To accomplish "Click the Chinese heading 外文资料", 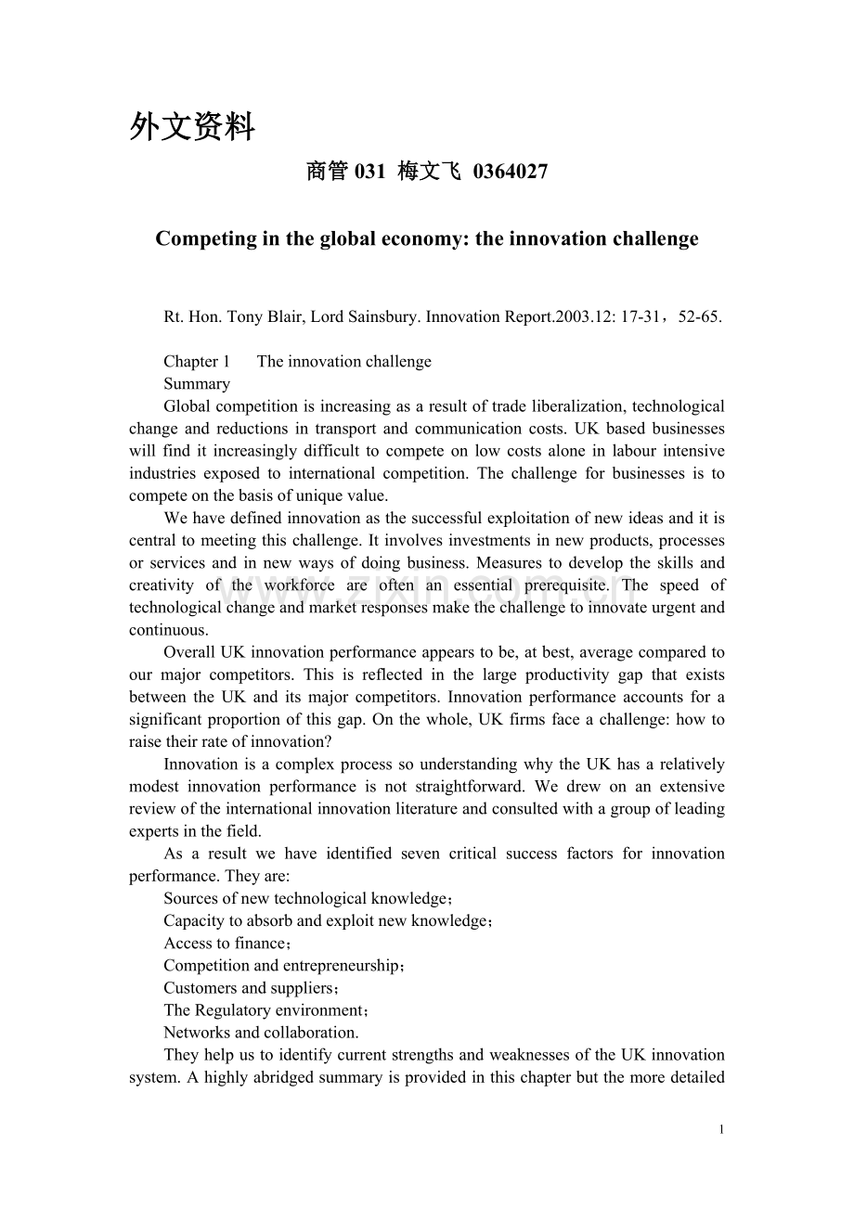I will click(192, 127).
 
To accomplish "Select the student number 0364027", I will click(511, 172).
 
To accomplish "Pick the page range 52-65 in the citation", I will click(700, 316).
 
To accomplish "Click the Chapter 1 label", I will click(197, 362).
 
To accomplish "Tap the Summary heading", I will click(197, 384).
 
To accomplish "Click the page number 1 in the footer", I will click(721, 1129).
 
